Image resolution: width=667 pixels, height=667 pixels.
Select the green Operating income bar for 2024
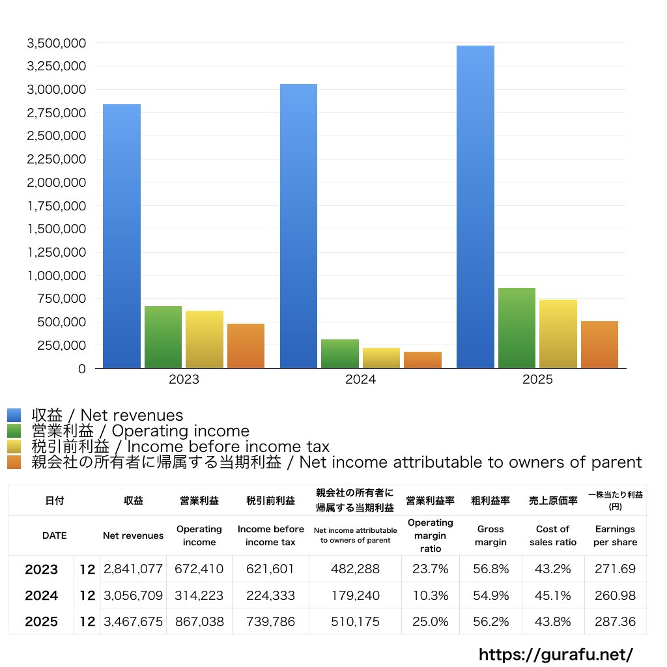pos(339,354)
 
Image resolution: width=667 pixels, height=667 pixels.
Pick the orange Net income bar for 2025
pos(599,345)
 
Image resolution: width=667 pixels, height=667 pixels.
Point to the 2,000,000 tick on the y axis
pos(55,182)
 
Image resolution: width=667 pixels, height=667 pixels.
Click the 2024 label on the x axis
pos(360,380)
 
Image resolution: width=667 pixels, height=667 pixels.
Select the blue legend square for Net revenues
pos(14,415)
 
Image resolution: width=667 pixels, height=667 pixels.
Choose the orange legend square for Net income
pos(14,462)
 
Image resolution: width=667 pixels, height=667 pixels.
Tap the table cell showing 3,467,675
pos(133,621)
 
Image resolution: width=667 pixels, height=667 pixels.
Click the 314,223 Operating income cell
pos(199,595)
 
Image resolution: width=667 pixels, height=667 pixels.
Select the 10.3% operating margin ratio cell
pos(430,595)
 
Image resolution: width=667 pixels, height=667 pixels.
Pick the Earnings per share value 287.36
pos(615,621)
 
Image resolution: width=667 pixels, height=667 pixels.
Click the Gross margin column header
pos(490,535)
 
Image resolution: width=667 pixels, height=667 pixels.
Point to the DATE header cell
pos(54,535)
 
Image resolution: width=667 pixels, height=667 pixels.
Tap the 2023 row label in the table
pos(41,569)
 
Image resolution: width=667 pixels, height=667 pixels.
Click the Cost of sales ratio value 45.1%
pos(552,595)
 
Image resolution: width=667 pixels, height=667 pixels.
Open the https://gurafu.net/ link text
pos(556,654)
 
